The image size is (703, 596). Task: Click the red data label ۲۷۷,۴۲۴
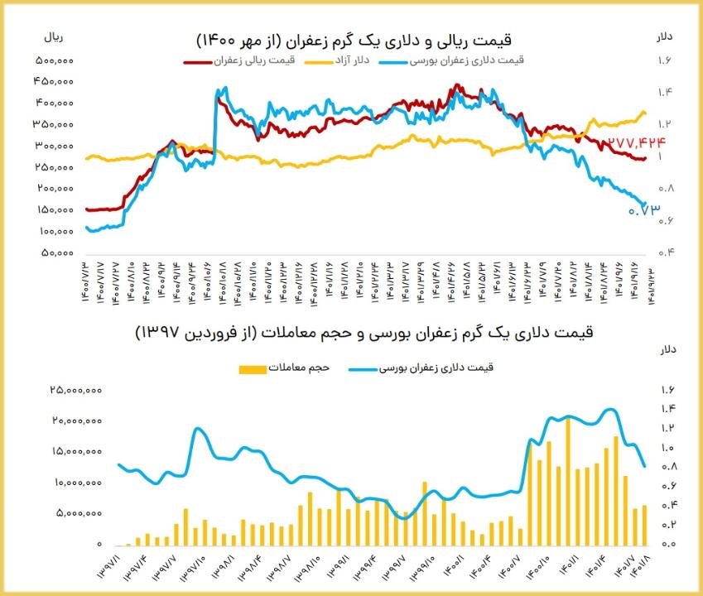[x=637, y=143]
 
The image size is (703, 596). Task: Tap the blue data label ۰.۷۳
[x=645, y=210]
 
